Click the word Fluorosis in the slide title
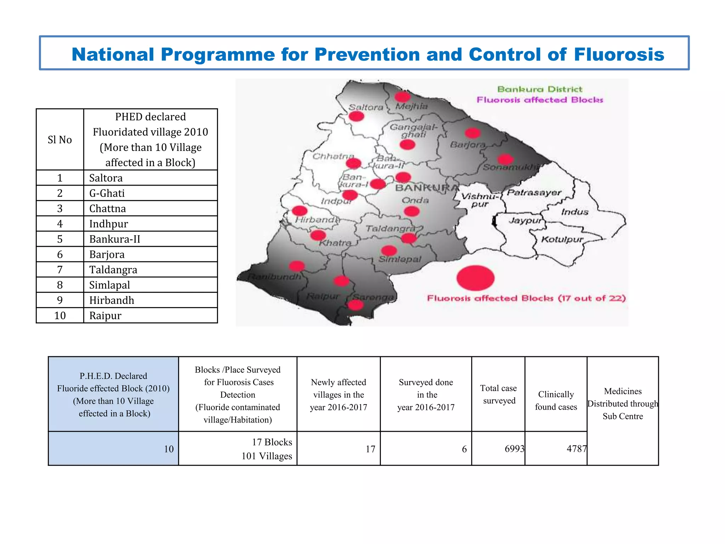pyautogui.click(x=619, y=55)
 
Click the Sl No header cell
pyautogui.click(x=60, y=140)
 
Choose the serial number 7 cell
pyautogui.click(x=60, y=270)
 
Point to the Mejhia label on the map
pyautogui.click(x=411, y=106)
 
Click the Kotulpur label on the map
pyautogui.click(x=562, y=239)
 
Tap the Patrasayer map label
pyautogui.click(x=534, y=193)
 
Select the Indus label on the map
pyautogui.click(x=575, y=212)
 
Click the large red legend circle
pyautogui.click(x=475, y=278)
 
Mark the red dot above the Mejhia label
pyautogui.click(x=402, y=96)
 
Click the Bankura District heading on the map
pyautogui.click(x=540, y=89)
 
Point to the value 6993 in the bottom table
pyautogui.click(x=514, y=449)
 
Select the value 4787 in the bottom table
pyautogui.click(x=576, y=449)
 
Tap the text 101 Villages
pyautogui.click(x=267, y=456)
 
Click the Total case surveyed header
pyautogui.click(x=498, y=394)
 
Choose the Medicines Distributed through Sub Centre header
pyautogui.click(x=623, y=403)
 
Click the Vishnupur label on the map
pyautogui.click(x=480, y=200)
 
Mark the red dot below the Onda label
pyautogui.click(x=411, y=211)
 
